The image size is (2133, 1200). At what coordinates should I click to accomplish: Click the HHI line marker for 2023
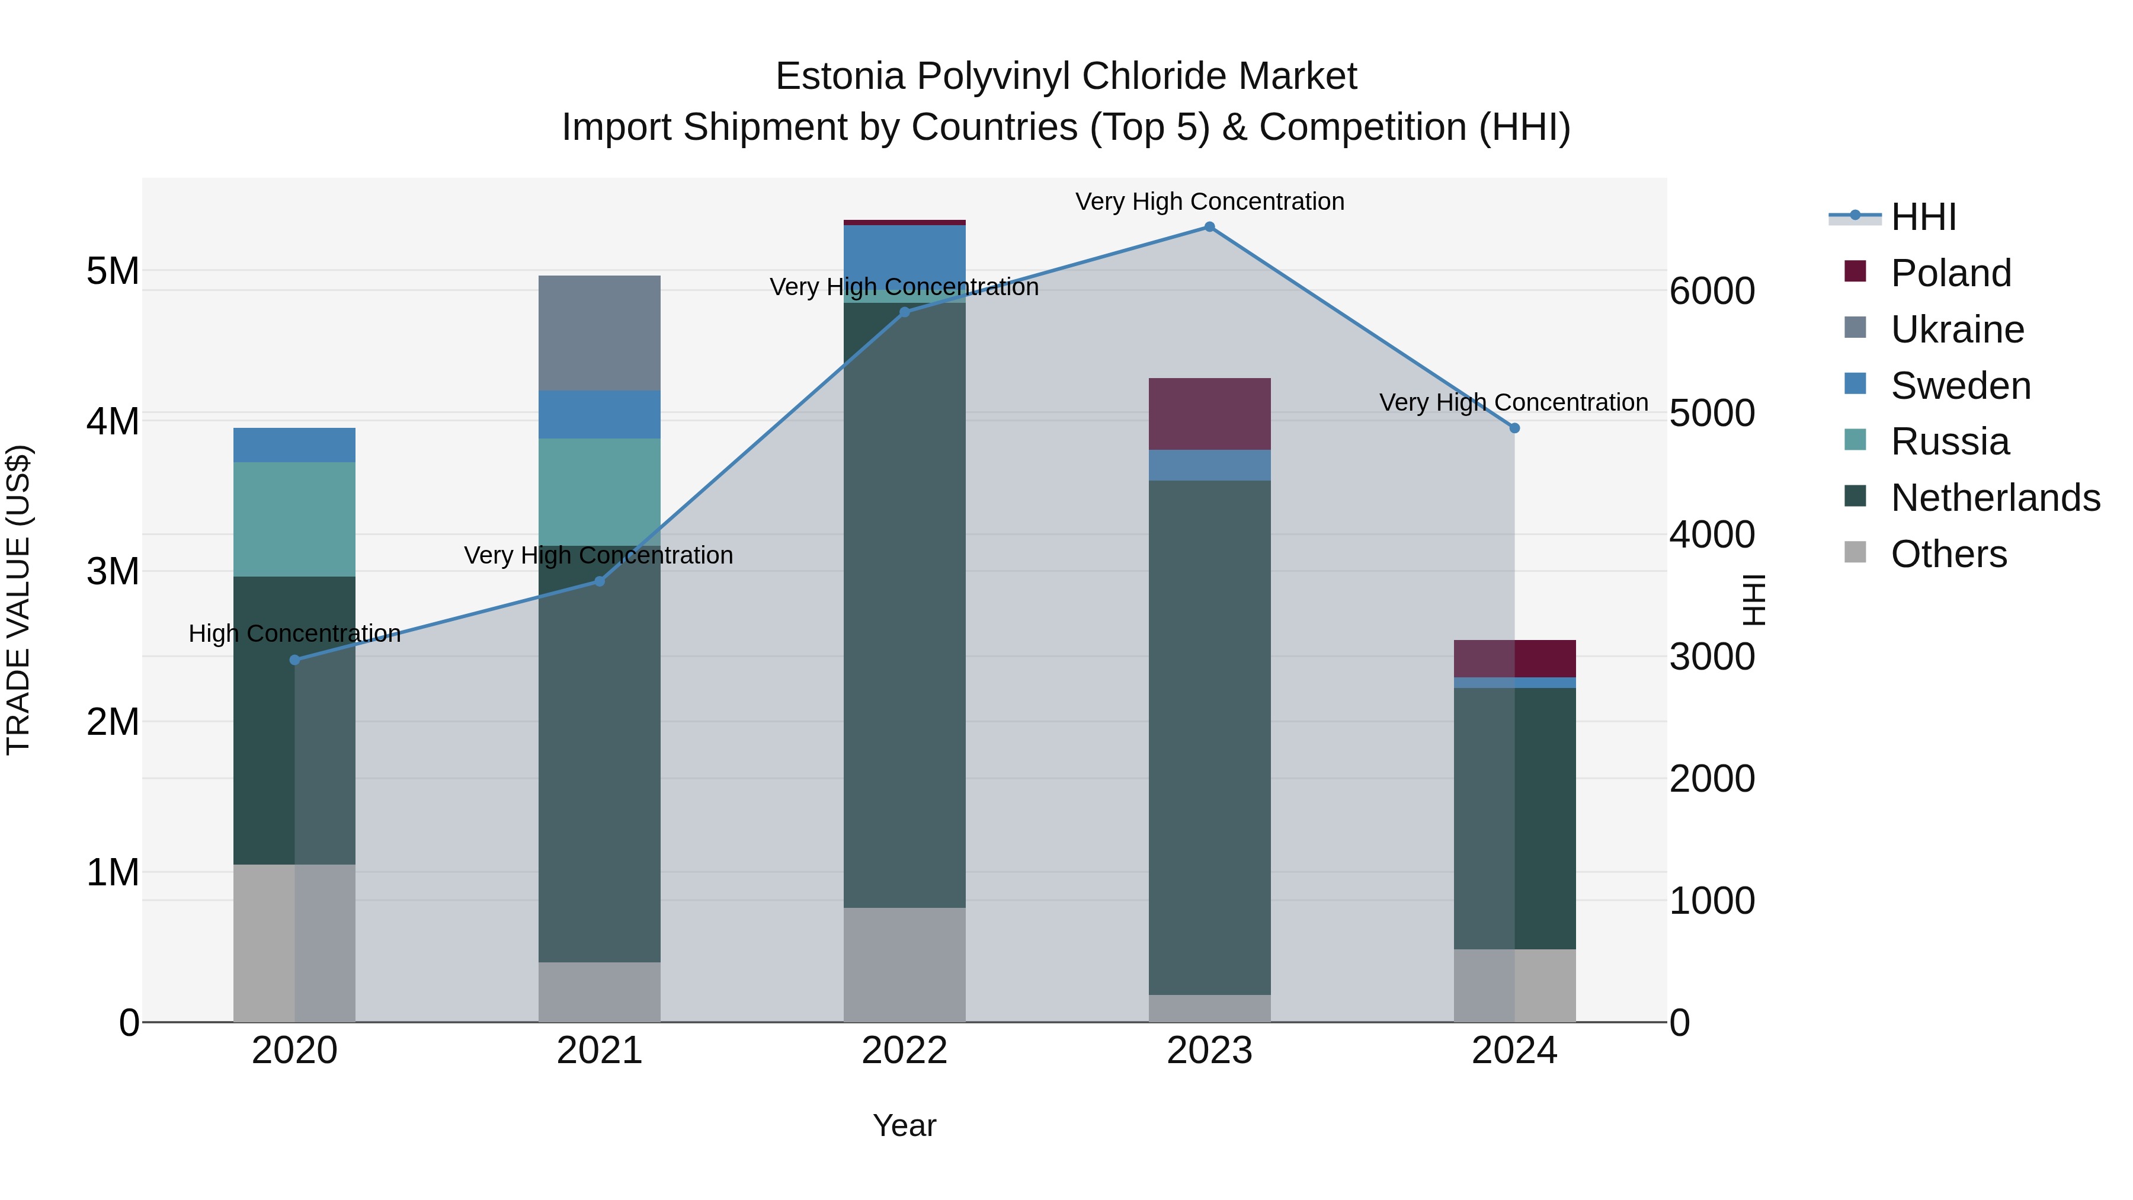point(1209,227)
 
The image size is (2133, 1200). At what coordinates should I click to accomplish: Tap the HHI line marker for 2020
point(295,660)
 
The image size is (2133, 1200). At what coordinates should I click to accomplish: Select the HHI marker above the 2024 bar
point(1514,428)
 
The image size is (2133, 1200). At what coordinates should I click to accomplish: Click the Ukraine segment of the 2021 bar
point(600,333)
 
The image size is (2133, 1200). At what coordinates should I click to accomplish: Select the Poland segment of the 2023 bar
point(1209,414)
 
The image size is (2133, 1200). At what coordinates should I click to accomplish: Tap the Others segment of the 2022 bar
point(904,965)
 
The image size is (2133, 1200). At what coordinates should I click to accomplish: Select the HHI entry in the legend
point(1923,217)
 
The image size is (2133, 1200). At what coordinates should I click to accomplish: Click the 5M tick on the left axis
point(113,271)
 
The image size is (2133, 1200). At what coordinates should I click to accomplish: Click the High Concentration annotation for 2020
point(295,633)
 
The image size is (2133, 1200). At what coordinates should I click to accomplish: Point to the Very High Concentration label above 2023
point(1209,201)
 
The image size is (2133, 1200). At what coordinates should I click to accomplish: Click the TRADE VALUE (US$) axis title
point(18,600)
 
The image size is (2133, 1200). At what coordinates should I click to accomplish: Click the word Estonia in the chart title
point(840,76)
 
